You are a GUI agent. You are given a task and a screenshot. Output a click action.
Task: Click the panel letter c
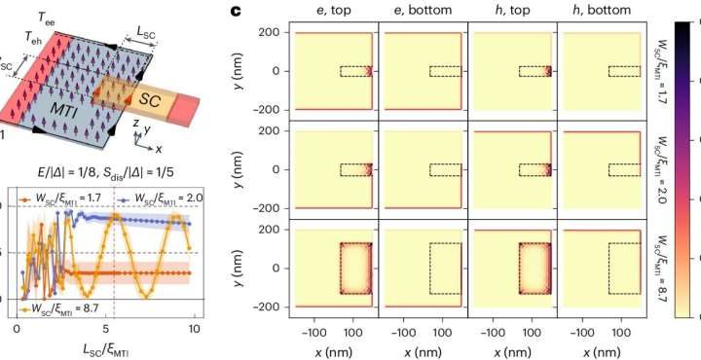click(x=234, y=13)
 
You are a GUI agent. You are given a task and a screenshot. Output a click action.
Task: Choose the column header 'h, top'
click(x=510, y=13)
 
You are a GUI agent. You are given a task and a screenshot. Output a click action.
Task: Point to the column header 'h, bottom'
click(x=598, y=13)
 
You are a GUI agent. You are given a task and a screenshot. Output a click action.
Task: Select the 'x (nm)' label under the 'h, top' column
click(x=510, y=348)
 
